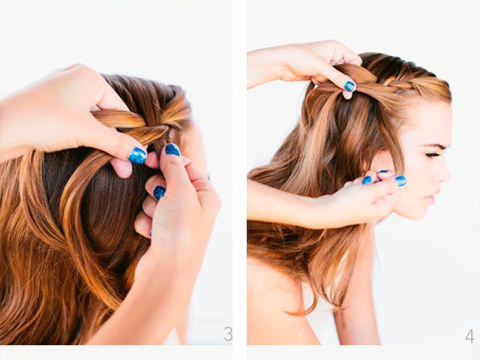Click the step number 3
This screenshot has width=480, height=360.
(x=228, y=333)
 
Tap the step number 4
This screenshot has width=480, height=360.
(x=470, y=336)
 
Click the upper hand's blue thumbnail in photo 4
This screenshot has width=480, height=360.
(x=349, y=86)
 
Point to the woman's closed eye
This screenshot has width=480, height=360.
(x=433, y=154)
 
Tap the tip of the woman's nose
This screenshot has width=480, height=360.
(x=448, y=178)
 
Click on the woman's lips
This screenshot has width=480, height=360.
(x=436, y=196)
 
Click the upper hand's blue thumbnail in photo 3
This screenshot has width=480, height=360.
(x=137, y=155)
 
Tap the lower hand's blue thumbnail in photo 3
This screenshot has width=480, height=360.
(x=172, y=149)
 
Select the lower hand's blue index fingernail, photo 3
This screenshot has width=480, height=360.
(x=159, y=193)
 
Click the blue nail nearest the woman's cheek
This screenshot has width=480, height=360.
(x=400, y=181)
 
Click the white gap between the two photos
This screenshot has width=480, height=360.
(x=239, y=180)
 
